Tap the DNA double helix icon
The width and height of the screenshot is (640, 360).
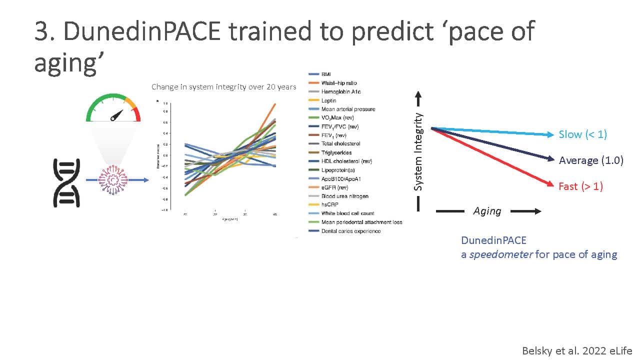66,182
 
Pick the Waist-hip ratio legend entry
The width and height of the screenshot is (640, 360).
339,83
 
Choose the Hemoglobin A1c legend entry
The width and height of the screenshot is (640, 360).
342,91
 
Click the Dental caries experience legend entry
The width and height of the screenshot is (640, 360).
351,231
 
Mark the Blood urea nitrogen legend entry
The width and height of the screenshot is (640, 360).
345,196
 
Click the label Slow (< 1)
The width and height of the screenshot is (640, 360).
583,134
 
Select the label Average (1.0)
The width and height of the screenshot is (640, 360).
591,160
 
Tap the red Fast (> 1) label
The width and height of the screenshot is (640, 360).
580,186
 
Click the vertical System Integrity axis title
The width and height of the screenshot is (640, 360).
418,151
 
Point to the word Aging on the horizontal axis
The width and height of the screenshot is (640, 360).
487,211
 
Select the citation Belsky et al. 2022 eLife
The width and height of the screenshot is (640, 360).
577,350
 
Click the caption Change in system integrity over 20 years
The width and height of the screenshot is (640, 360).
223,87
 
